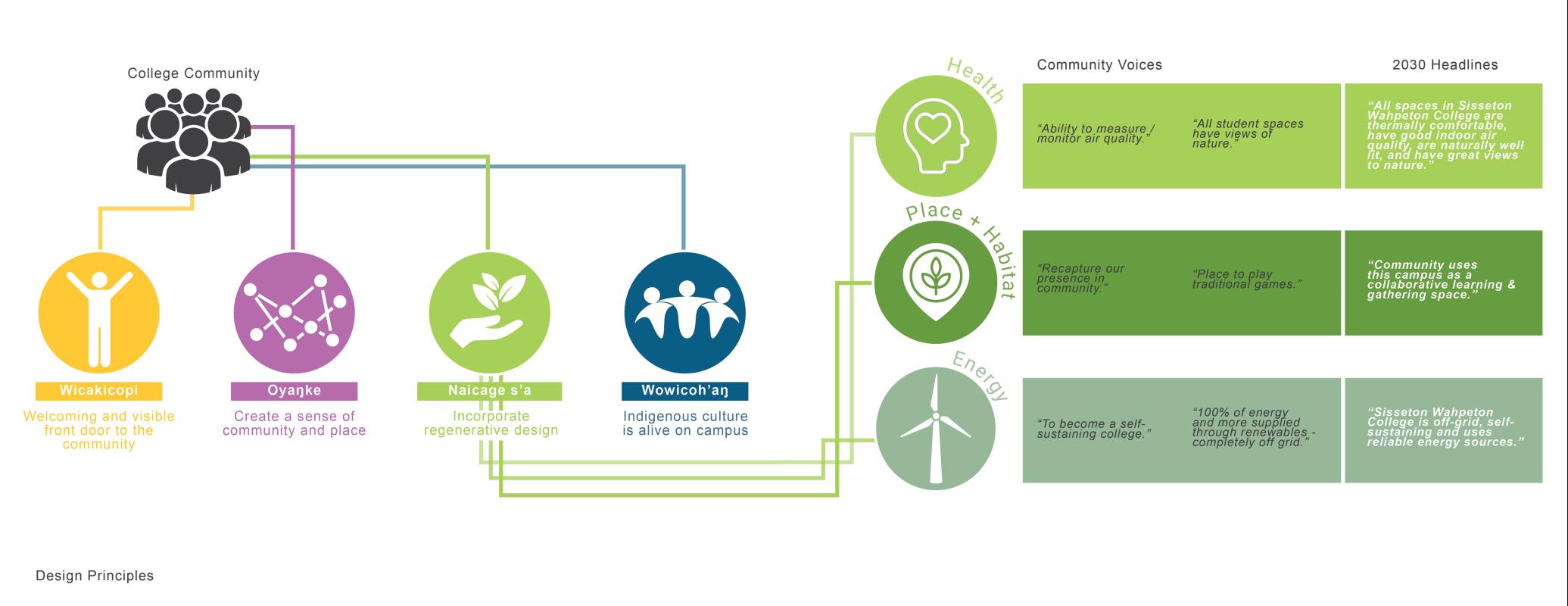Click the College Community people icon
[x=193, y=141]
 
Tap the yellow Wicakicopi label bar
[x=98, y=391]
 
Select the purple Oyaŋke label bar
[x=294, y=391]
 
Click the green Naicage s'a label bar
[x=489, y=391]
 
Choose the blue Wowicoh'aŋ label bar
[x=684, y=391]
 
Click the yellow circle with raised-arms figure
[x=98, y=313]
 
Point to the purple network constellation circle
[x=294, y=313]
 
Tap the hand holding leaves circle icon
[x=489, y=313]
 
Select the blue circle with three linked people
[x=684, y=313]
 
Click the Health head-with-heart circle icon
[x=936, y=136]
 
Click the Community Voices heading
[x=1099, y=65]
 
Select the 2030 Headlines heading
[x=1445, y=65]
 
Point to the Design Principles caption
[x=95, y=576]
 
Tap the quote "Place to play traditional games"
[x=1247, y=279]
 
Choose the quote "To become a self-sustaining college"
[x=1094, y=429]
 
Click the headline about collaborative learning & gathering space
[x=1442, y=280]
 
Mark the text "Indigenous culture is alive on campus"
[x=685, y=423]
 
